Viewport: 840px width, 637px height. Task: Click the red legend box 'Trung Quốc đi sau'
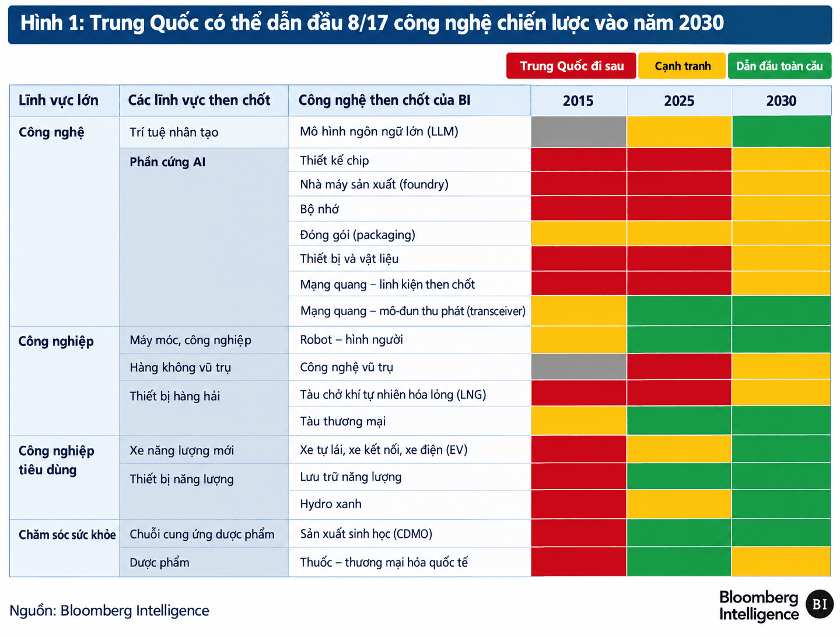tap(570, 66)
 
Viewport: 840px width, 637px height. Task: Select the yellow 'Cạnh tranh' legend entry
tap(681, 66)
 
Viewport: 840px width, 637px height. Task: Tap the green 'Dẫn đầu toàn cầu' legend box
tap(779, 66)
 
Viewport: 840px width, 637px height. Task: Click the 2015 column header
tap(578, 100)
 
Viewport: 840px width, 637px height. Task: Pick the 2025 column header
tap(679, 100)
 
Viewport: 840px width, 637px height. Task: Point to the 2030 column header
tap(781, 100)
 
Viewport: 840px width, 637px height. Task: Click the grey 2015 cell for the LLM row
tap(579, 132)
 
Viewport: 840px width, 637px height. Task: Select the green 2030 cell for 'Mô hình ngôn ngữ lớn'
tap(781, 132)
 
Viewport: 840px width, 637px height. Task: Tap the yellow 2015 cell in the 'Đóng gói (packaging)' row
tap(579, 233)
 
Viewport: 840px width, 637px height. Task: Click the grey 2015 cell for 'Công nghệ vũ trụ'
tap(579, 366)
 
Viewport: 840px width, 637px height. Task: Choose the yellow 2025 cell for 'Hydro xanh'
tap(679, 504)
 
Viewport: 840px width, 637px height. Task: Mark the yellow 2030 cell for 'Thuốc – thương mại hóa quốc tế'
tap(781, 562)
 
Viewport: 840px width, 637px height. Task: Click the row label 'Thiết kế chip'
tap(334, 160)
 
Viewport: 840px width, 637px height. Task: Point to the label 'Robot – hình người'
tap(351, 339)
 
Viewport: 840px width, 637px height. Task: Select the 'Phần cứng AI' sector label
tap(167, 162)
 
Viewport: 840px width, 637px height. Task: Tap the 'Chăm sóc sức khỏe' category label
tap(67, 534)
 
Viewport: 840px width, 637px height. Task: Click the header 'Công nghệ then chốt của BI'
tap(384, 100)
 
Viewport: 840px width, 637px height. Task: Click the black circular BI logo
tap(819, 604)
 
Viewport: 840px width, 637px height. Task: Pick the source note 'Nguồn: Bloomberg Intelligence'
tap(109, 611)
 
